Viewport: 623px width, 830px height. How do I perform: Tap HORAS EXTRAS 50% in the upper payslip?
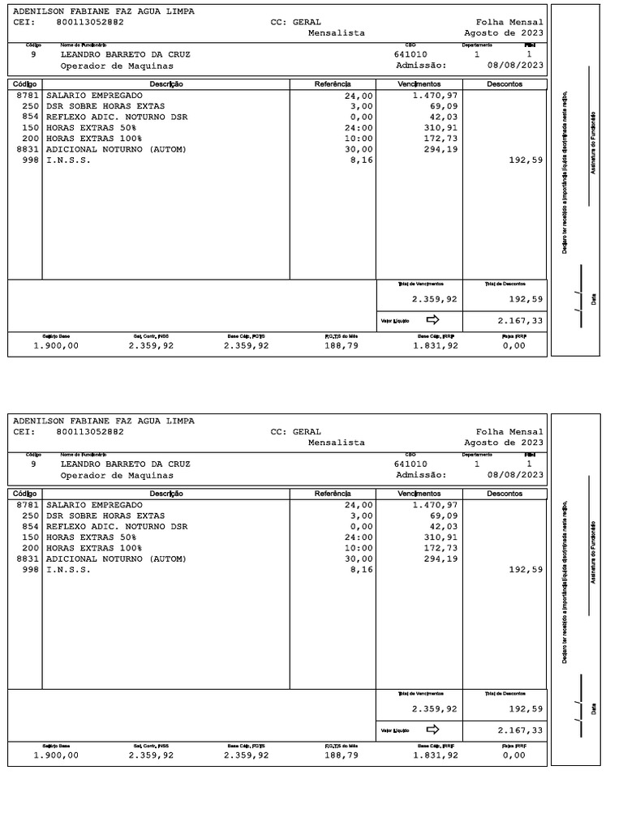click(91, 128)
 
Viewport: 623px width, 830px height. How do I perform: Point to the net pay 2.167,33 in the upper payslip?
click(520, 321)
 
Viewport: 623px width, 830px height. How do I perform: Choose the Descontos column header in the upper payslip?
click(505, 84)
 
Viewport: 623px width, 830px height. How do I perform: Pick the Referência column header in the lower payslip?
click(333, 494)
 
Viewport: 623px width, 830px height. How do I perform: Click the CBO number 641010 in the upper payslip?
click(410, 54)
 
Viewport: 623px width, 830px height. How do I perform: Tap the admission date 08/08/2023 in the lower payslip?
click(515, 475)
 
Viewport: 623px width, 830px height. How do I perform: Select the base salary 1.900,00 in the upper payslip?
click(56, 345)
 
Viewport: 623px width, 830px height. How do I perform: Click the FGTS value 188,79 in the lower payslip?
click(342, 755)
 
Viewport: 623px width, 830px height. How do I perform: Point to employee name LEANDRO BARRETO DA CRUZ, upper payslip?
click(125, 54)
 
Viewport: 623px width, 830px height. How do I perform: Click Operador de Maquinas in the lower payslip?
click(117, 475)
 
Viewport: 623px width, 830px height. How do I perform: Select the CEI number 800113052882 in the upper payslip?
click(90, 23)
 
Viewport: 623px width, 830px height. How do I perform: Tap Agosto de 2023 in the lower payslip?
click(504, 443)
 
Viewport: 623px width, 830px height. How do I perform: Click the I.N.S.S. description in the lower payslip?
click(68, 570)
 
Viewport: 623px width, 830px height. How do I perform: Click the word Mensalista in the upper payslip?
click(337, 33)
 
